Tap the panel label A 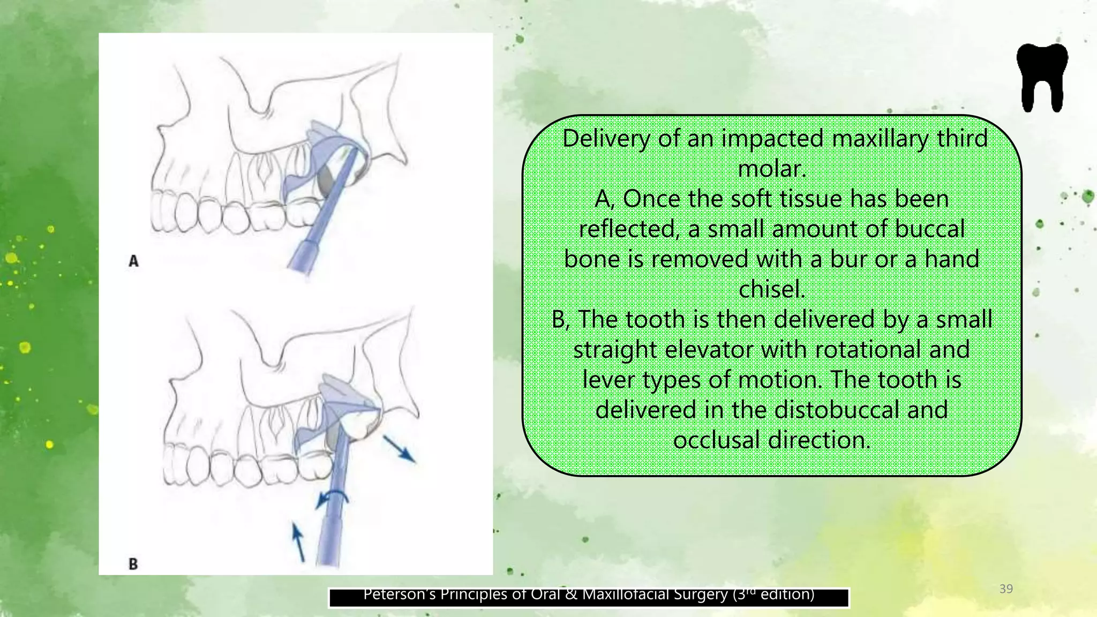pos(133,261)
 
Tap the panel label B pos(133,564)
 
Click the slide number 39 pos(1006,589)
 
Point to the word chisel pos(771,290)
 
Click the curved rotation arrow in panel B pos(332,497)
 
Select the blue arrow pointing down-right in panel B pos(399,449)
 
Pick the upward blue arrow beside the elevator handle pos(298,541)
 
